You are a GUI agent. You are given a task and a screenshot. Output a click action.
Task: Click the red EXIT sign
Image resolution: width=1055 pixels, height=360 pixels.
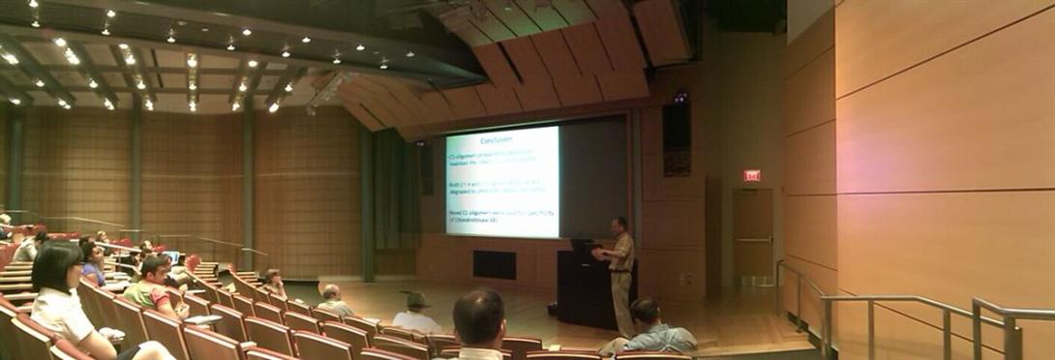coord(751,175)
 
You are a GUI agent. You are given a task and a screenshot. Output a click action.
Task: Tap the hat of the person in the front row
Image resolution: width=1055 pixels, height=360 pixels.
coord(418,299)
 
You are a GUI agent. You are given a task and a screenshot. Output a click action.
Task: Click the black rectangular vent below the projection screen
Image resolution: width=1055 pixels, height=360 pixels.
coord(494,264)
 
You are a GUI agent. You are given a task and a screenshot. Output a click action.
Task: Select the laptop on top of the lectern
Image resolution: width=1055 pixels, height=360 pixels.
coord(583,246)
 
